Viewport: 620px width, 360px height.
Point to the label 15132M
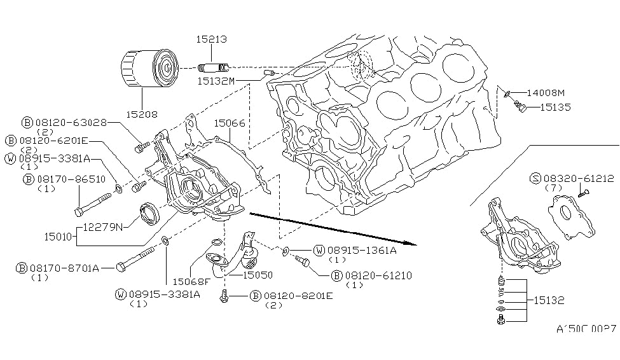(x=216, y=81)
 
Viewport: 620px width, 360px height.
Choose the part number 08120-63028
(x=71, y=122)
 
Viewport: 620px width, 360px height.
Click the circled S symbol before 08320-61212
(x=535, y=180)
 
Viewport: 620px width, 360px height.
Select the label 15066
(x=229, y=123)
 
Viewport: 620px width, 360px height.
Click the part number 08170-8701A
(x=64, y=268)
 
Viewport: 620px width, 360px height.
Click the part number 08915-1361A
(x=360, y=251)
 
